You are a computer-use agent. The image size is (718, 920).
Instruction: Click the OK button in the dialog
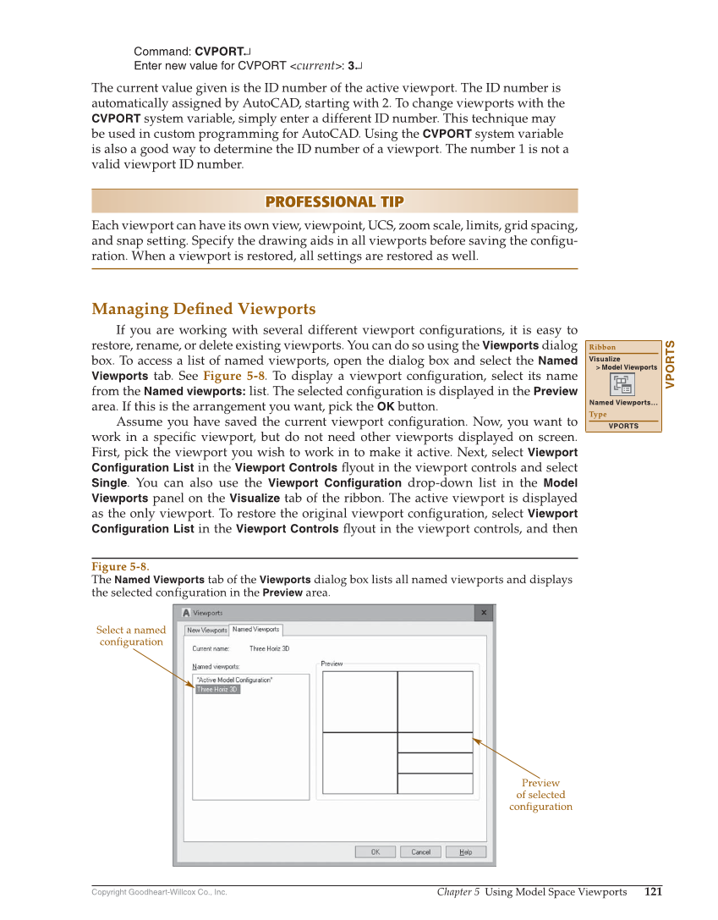point(375,852)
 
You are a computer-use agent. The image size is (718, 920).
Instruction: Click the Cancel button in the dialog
point(420,852)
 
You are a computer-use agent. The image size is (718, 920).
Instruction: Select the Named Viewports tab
point(255,630)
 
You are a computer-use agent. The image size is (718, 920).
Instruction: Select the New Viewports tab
point(206,630)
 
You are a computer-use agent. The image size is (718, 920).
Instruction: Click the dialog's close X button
point(484,612)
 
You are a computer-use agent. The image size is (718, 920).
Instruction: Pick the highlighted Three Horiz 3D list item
point(217,690)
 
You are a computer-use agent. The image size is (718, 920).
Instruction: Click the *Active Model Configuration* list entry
point(234,680)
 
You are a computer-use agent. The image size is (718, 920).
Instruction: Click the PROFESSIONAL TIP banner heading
point(334,201)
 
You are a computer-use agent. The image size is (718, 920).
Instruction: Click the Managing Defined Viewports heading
point(203,309)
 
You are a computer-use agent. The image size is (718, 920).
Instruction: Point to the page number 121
point(653,891)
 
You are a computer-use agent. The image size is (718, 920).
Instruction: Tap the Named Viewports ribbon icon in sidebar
point(622,384)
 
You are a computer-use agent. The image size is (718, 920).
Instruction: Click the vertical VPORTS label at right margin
point(670,365)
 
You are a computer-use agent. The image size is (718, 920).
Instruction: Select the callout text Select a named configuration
point(131,636)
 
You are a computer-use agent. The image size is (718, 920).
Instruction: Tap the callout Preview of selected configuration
point(540,795)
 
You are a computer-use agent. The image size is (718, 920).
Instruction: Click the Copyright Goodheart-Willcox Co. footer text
point(159,892)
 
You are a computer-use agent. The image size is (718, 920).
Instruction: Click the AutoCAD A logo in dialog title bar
point(185,612)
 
